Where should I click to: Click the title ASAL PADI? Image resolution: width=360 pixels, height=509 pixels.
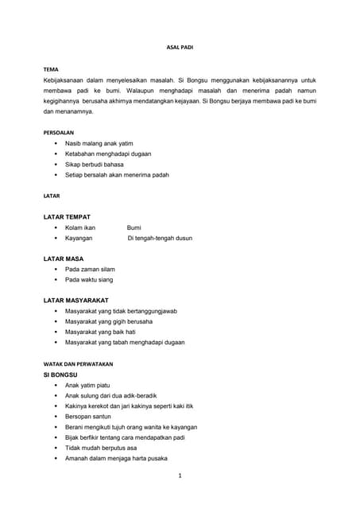[180, 48]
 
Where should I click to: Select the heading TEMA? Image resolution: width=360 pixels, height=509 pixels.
[51, 70]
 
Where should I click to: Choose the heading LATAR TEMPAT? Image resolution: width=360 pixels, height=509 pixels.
[67, 216]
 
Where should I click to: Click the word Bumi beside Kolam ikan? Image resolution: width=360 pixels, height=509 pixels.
[134, 227]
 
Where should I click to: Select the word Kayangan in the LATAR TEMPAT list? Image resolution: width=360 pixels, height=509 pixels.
[79, 238]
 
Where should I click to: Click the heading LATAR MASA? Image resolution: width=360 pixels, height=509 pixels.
[64, 258]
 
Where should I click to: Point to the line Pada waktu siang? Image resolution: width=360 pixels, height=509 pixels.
[89, 279]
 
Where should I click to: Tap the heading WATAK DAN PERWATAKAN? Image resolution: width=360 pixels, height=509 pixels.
[78, 363]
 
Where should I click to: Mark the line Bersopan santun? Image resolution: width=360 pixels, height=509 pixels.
[88, 416]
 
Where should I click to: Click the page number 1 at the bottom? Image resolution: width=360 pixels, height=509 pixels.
[180, 476]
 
